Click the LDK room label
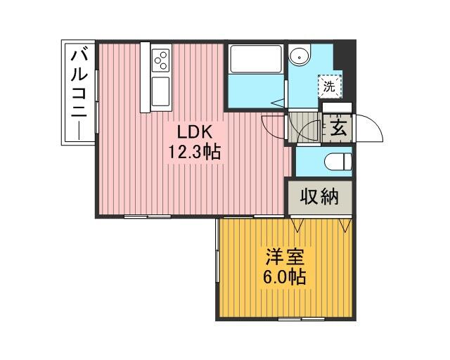(195, 132)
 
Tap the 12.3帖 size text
(194, 152)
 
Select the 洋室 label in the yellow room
(285, 257)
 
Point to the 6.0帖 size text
(284, 277)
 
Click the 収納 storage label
(320, 197)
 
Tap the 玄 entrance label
(339, 128)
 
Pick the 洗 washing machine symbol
(329, 86)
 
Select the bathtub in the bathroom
(256, 59)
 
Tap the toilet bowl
(337, 161)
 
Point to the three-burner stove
(161, 60)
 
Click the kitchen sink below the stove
(161, 91)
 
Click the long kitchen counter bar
(146, 77)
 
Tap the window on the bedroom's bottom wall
(302, 319)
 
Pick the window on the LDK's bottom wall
(148, 217)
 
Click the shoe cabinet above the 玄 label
(337, 108)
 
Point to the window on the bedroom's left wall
(217, 250)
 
